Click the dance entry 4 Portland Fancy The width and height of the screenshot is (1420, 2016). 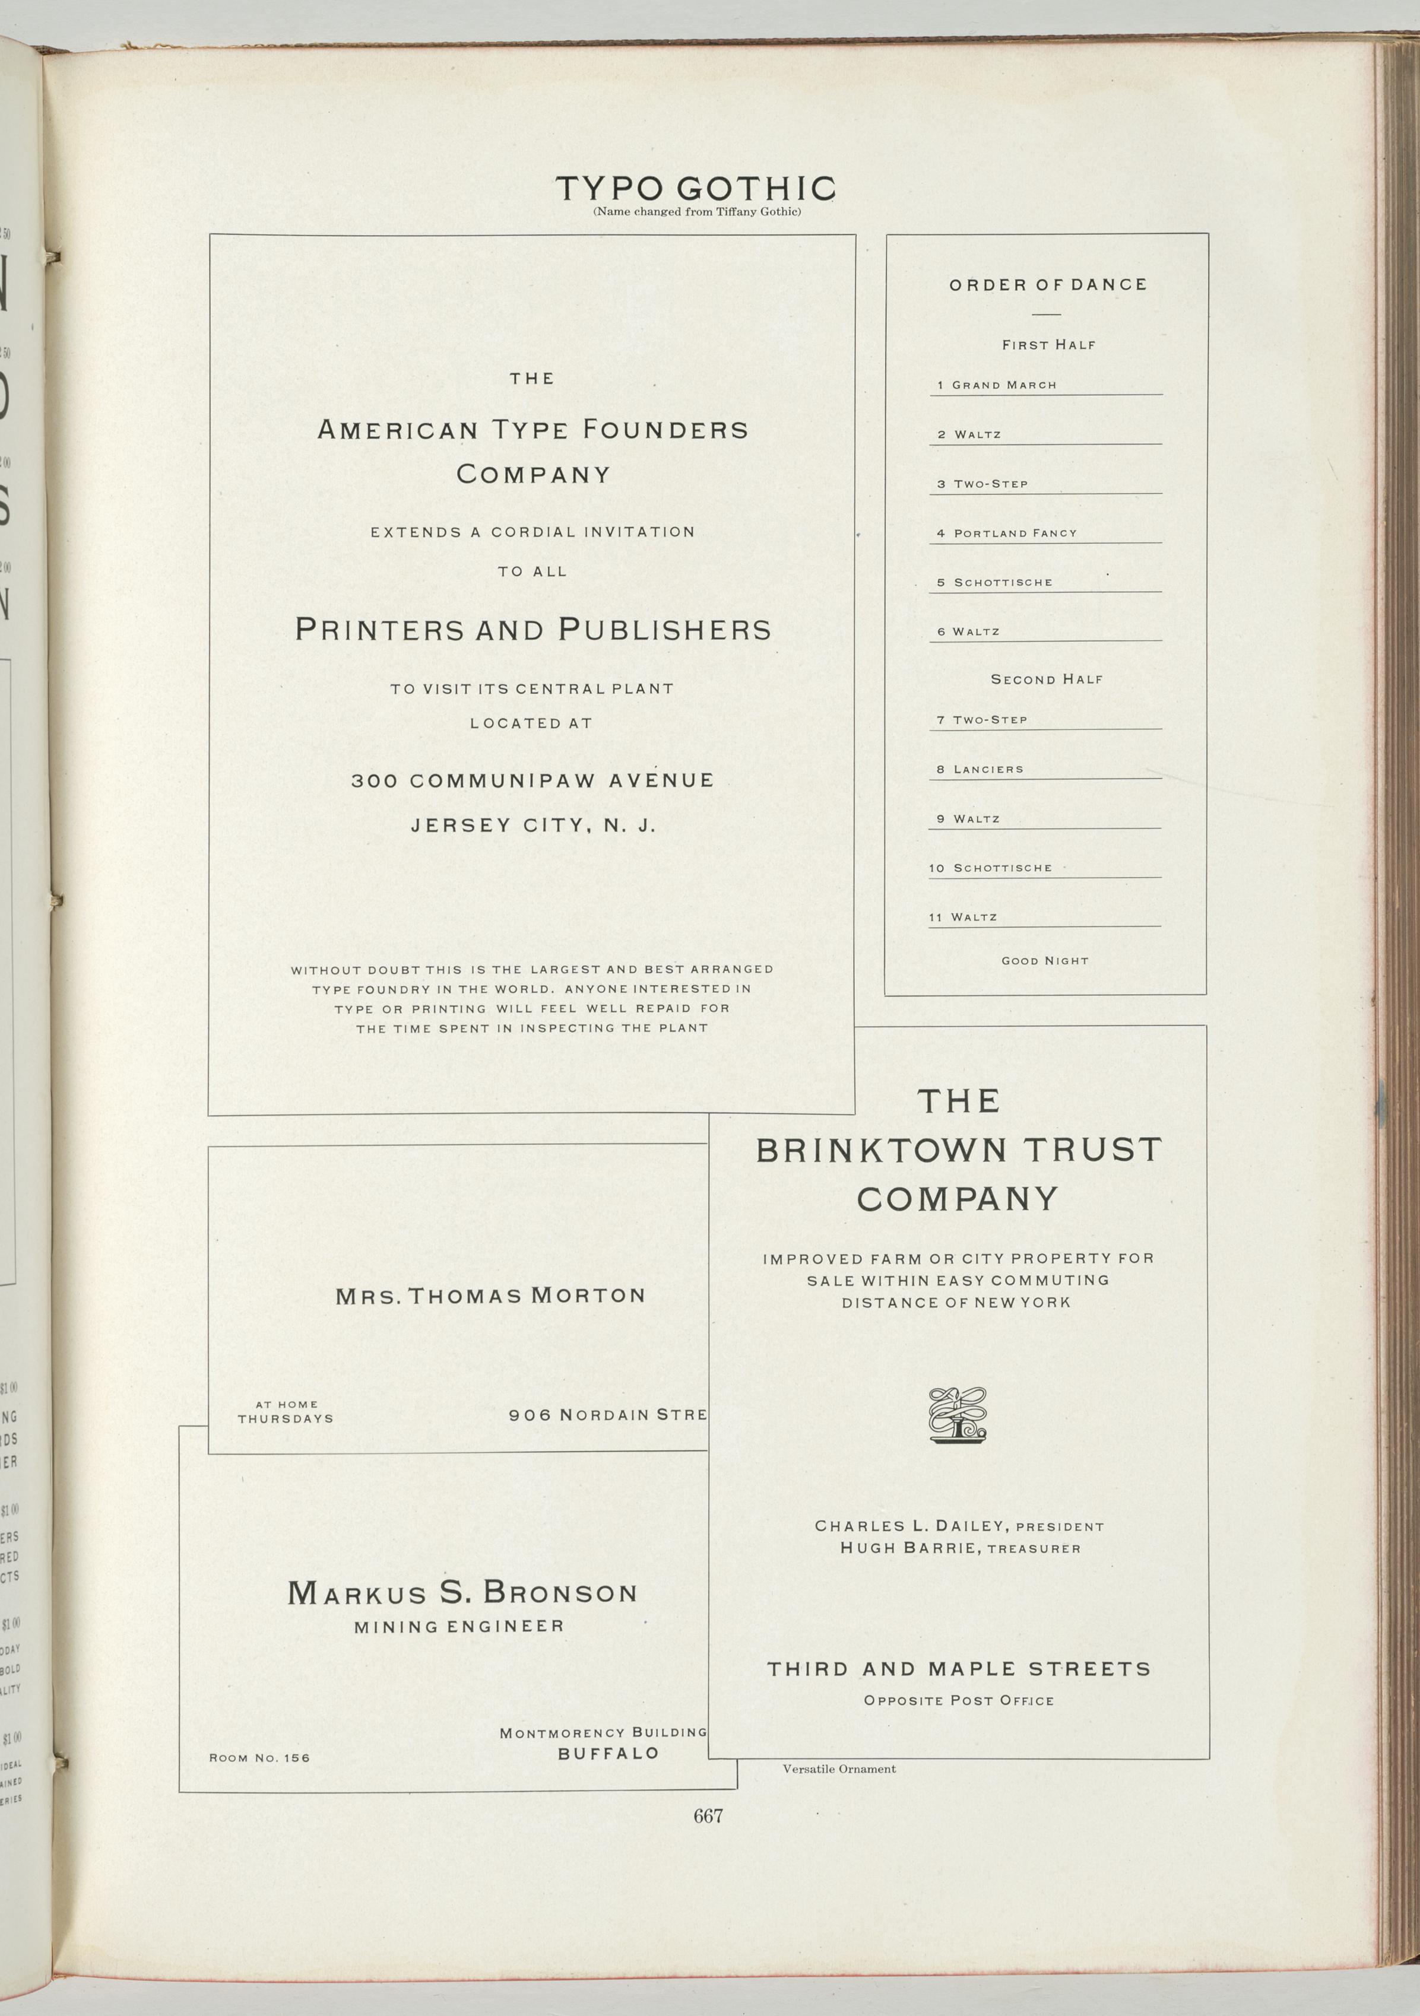point(1006,533)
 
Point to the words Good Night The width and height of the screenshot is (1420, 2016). point(1045,961)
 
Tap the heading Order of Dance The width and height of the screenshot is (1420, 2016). point(1047,284)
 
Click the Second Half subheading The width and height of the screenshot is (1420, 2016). point(1047,679)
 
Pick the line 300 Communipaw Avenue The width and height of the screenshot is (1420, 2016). point(532,780)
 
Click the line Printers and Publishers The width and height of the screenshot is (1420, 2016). point(532,630)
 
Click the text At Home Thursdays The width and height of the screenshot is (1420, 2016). point(286,1411)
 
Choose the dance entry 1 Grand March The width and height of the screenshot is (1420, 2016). point(997,385)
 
